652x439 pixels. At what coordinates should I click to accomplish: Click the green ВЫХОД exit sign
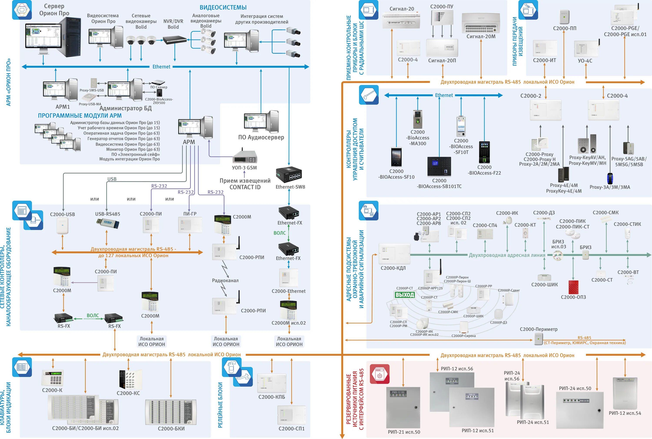coord(404,295)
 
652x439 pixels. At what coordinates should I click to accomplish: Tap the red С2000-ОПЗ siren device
coord(573,287)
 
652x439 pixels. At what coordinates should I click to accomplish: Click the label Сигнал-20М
coord(481,36)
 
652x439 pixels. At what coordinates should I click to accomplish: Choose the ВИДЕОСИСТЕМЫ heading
coord(223,8)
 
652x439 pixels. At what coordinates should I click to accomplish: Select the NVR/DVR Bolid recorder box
coord(175,40)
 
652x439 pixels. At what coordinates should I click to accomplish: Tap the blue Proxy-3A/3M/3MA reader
coord(610,179)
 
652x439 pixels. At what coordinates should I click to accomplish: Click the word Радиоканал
coord(225,280)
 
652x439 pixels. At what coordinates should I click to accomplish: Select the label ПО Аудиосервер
coord(261,137)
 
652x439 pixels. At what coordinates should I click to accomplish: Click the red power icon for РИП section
coord(379,374)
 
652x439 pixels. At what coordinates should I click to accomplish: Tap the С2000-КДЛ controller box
coord(394,254)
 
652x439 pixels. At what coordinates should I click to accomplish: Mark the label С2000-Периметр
coord(539,329)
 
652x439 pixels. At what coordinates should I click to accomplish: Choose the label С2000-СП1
coord(291,429)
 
